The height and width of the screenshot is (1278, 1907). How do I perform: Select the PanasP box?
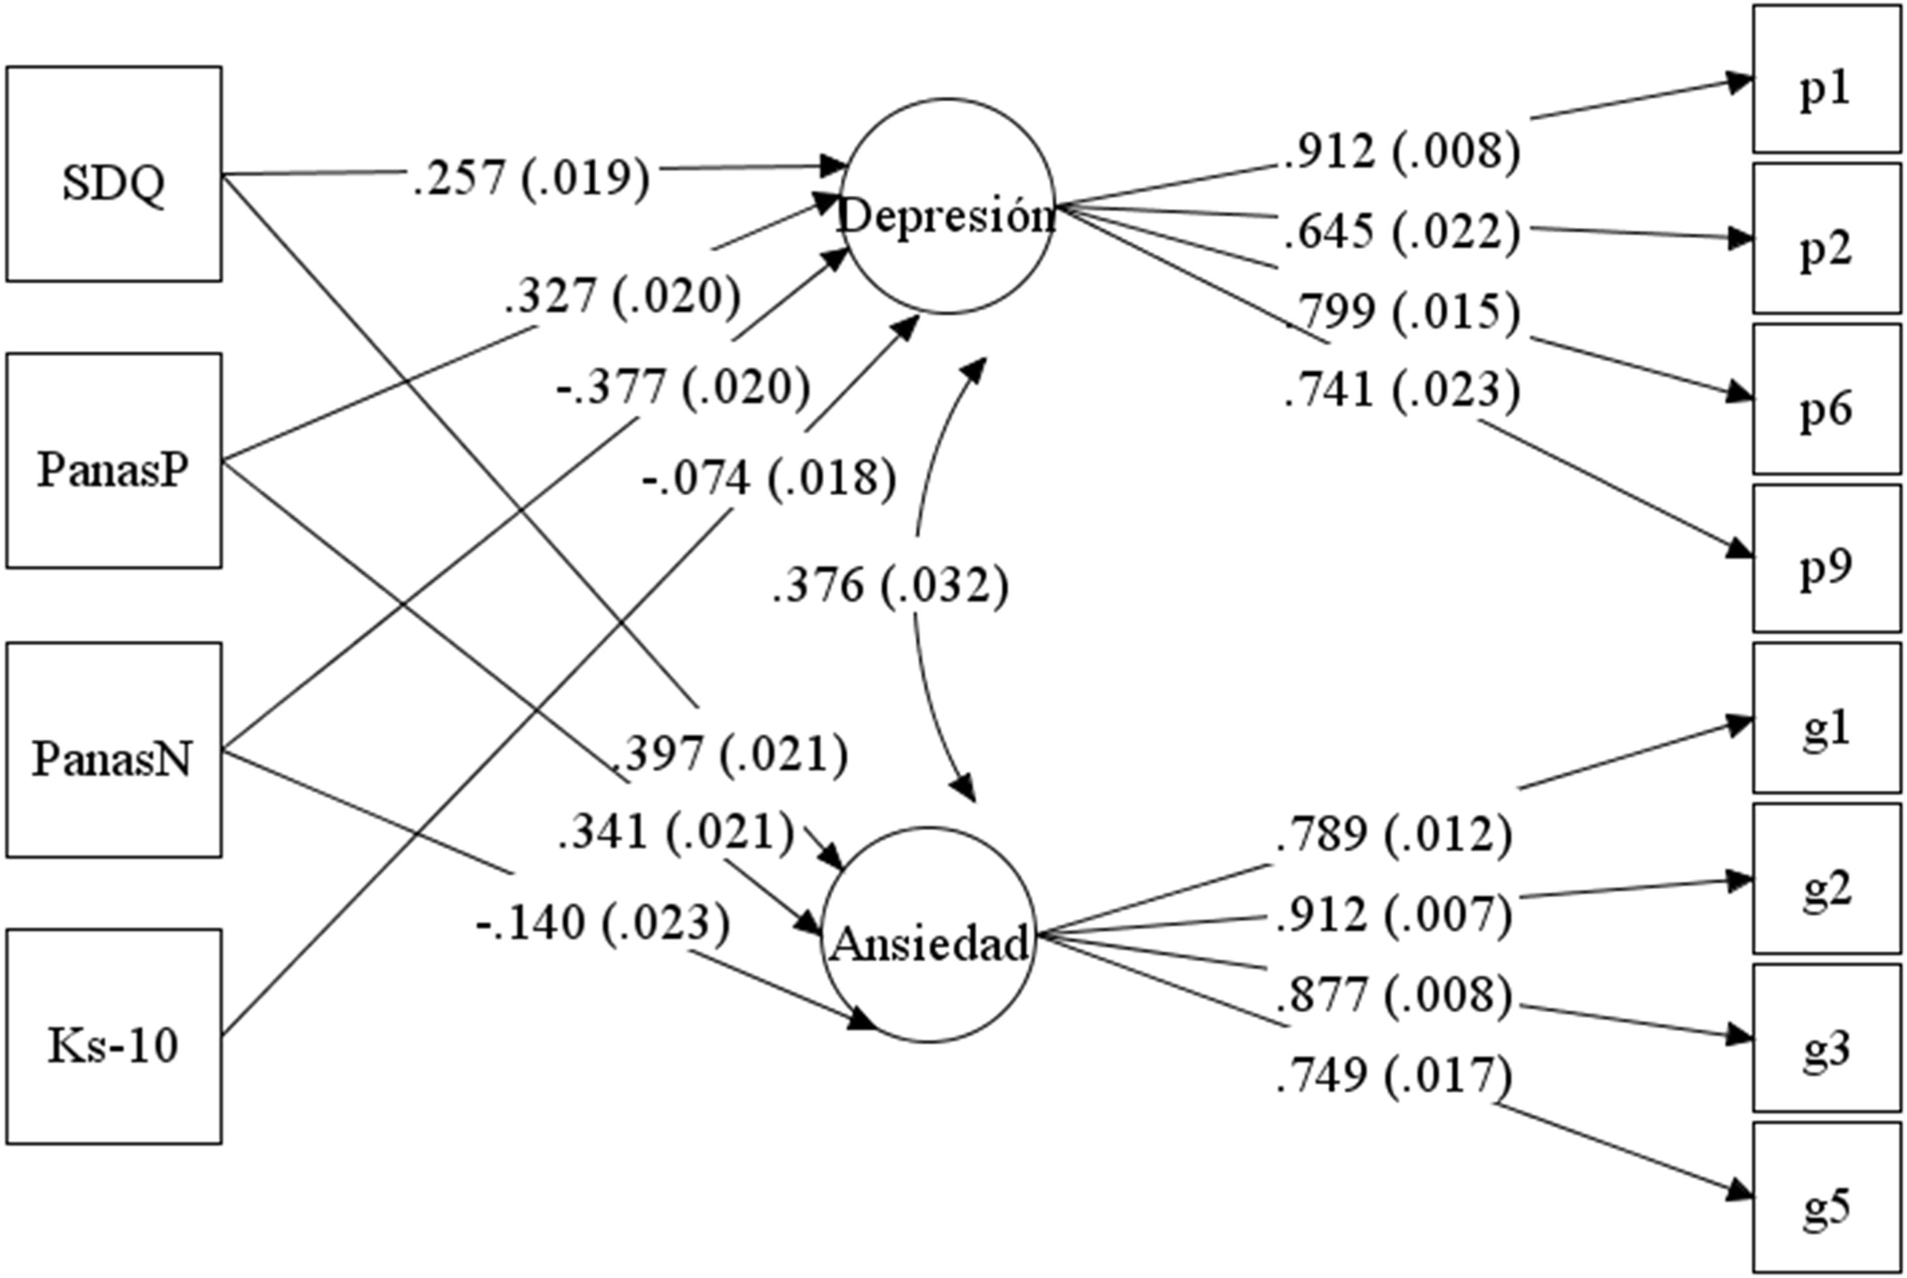tap(114, 460)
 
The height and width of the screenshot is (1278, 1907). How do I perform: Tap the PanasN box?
tap(114, 750)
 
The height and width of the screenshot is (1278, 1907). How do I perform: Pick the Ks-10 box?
tap(114, 1037)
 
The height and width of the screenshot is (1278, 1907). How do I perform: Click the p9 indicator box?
tap(1827, 558)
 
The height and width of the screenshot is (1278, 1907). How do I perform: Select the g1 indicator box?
tap(1827, 717)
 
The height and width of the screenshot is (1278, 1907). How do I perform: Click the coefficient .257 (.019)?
tap(531, 177)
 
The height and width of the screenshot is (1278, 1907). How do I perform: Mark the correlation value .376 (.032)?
tap(891, 584)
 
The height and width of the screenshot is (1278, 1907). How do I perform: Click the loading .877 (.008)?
tap(1394, 994)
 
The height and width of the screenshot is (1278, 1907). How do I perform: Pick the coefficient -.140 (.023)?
tap(603, 923)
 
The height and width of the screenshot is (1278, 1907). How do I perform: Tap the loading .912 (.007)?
tap(1394, 914)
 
